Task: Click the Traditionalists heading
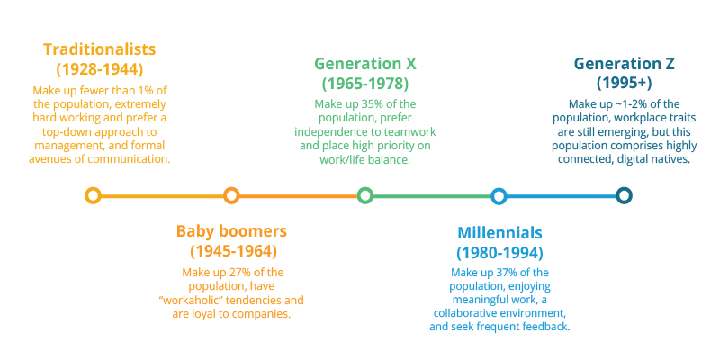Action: click(x=98, y=49)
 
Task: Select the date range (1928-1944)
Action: click(x=98, y=68)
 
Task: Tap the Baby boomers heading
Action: click(x=232, y=230)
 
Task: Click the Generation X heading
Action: click(x=365, y=64)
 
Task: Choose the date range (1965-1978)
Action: click(x=365, y=84)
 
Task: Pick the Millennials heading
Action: click(x=499, y=232)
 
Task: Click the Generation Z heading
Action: click(x=624, y=64)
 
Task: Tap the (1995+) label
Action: click(x=624, y=84)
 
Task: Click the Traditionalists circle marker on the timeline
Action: click(x=92, y=195)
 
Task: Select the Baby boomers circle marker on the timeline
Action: click(x=231, y=195)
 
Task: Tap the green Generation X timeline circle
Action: click(x=364, y=195)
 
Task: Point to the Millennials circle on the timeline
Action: click(x=499, y=195)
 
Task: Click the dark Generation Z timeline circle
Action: click(x=624, y=195)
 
